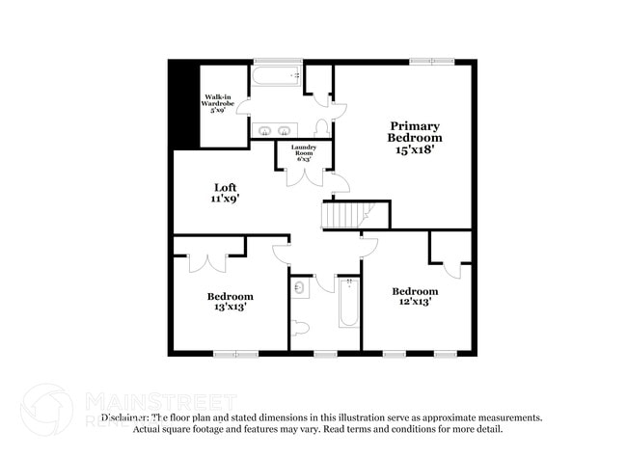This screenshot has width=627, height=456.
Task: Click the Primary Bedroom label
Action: [416, 131]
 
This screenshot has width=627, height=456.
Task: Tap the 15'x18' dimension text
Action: [416, 149]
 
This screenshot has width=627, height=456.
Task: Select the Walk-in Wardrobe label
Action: [214, 103]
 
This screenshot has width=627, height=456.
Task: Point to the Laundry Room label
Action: [304, 152]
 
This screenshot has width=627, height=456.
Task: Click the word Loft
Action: [225, 187]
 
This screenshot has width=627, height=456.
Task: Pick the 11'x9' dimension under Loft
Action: [225, 200]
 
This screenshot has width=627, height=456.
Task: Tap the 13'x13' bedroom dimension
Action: [230, 308]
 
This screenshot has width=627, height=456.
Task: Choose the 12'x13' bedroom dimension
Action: [414, 302]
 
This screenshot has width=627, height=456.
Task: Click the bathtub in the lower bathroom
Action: [348, 303]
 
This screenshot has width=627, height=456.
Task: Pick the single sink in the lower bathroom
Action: [298, 288]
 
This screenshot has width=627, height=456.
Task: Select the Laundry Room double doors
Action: [305, 175]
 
